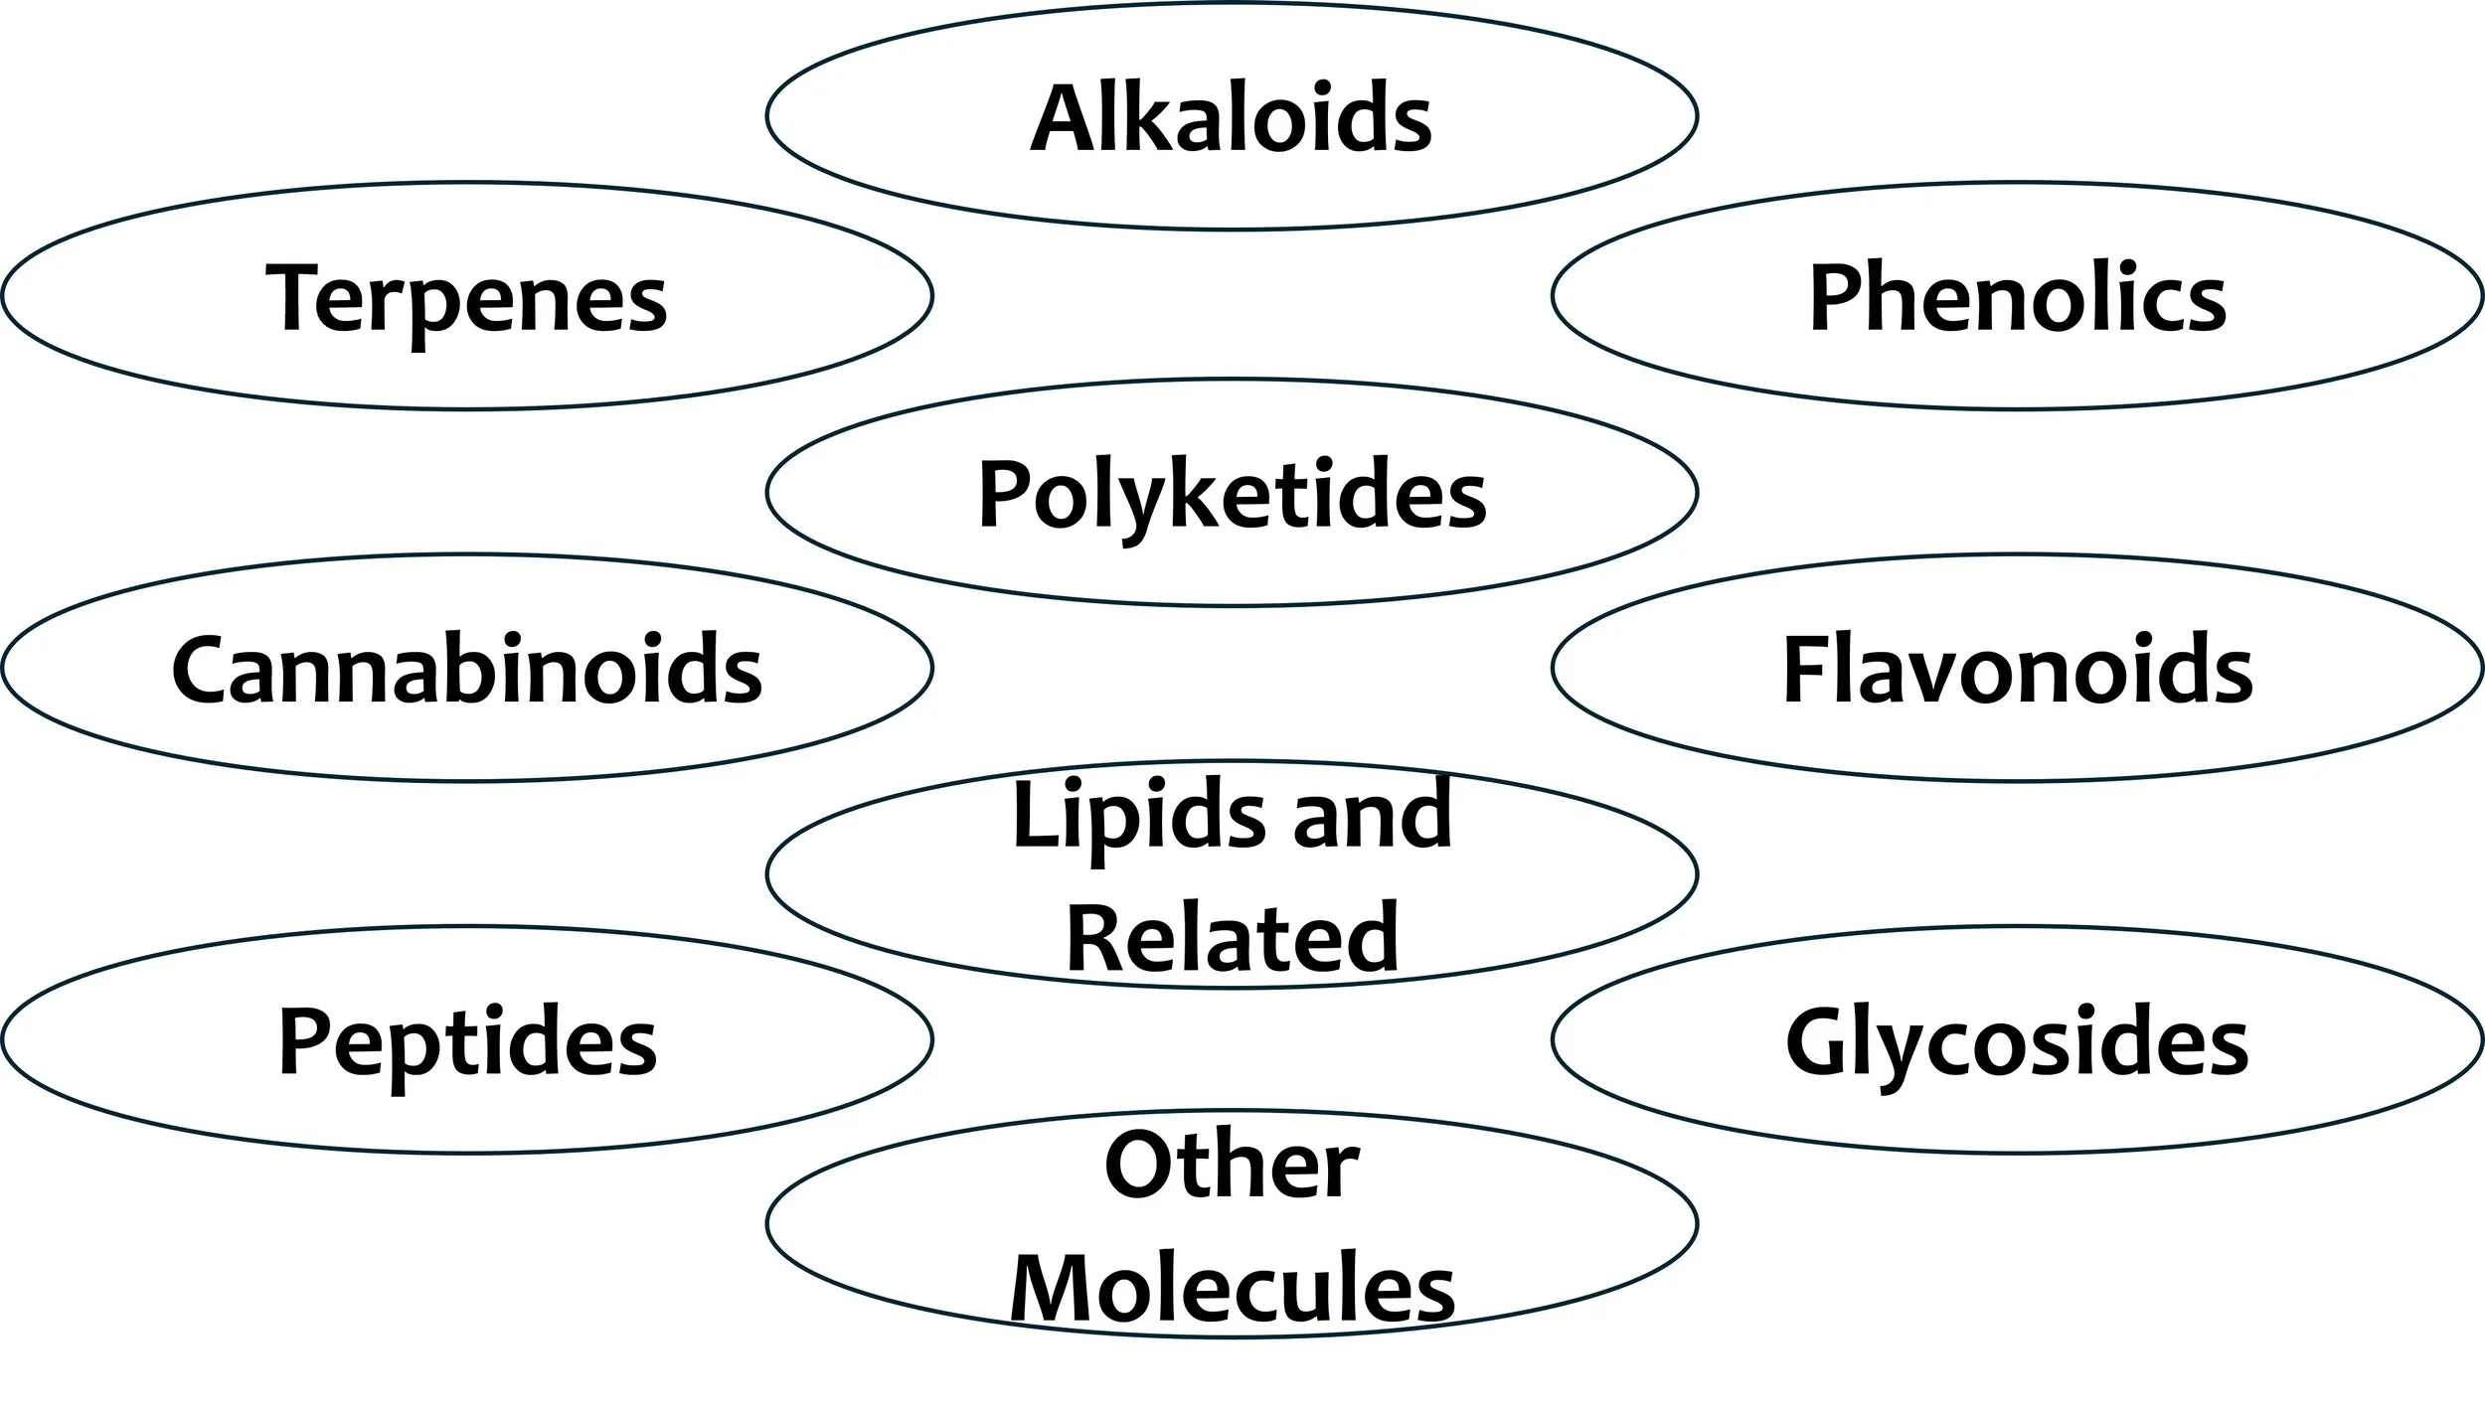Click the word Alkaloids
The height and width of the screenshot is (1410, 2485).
(1231, 118)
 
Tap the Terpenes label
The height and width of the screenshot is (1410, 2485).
(466, 297)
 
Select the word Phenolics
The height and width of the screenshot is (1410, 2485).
(2017, 297)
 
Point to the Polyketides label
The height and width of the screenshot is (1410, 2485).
(1232, 494)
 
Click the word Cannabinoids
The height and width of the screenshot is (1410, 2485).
(466, 669)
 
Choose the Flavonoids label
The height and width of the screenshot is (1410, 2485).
(2017, 669)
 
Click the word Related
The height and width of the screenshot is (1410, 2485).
(1232, 937)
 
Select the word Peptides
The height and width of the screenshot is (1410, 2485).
(466, 1042)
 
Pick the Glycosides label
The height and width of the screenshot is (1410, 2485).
(2017, 1042)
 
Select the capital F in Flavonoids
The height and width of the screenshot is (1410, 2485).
(1806, 669)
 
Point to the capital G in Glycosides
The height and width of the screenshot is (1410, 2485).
(1822, 1041)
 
